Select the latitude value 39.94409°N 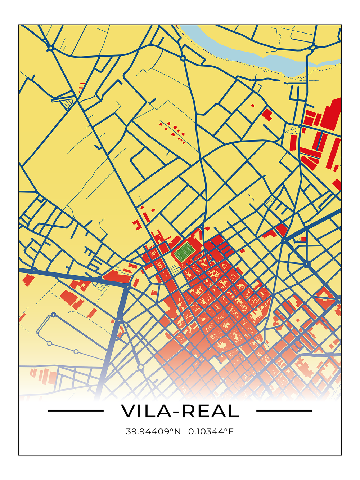click(153, 431)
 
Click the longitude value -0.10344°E click(209, 431)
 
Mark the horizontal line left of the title click(76, 411)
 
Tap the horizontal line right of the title click(284, 411)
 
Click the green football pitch click(185, 251)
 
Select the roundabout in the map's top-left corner click(51, 48)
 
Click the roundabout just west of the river click(183, 58)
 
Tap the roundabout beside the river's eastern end click(312, 47)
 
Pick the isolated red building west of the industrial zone click(267, 115)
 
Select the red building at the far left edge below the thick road click(28, 280)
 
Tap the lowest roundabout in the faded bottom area click(141, 367)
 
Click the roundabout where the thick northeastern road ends click(284, 240)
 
